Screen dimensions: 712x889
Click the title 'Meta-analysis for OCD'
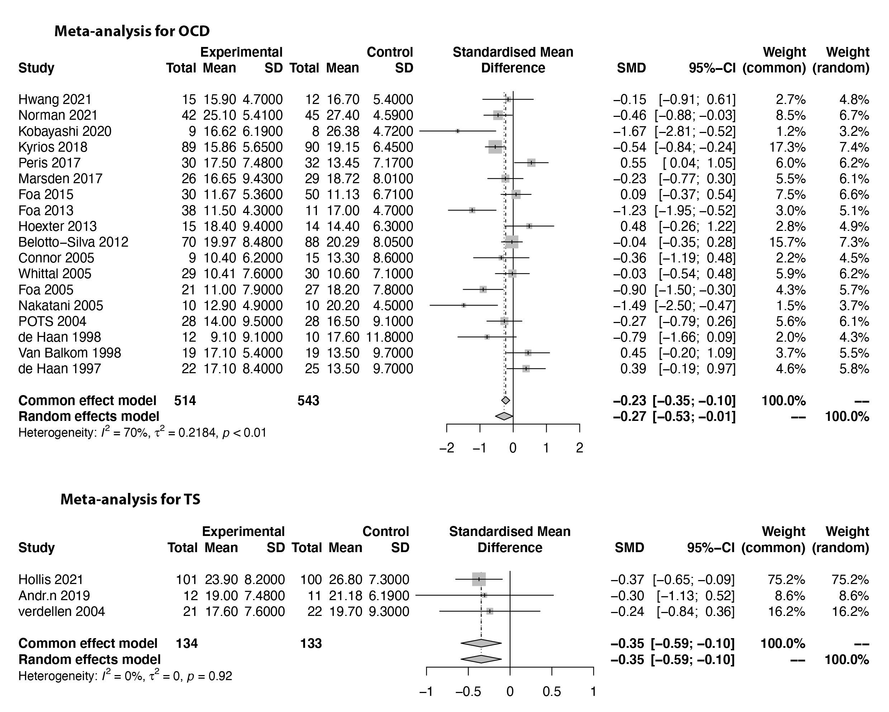tap(132, 31)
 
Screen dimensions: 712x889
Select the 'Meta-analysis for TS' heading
tap(130, 499)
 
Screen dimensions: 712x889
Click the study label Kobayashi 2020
tap(65, 131)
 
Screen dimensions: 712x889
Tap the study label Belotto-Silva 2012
tap(73, 242)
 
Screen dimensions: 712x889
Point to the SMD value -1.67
tap(629, 131)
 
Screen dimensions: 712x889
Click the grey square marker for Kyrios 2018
tap(495, 147)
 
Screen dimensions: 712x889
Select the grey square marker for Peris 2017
tap(531, 163)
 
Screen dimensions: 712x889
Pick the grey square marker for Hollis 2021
tap(479, 579)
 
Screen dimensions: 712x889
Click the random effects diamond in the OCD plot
tap(504, 416)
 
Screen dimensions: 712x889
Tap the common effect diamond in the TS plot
tap(481, 643)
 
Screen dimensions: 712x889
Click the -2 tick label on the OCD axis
tap(447, 448)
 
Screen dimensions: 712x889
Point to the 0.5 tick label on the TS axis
tap(552, 692)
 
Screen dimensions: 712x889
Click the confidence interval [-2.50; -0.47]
tap(695, 305)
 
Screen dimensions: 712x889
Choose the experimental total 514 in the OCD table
tap(185, 400)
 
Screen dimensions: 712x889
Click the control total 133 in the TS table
tap(311, 643)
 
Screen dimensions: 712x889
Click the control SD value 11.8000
tap(390, 337)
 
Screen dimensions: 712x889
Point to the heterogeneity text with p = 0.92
tap(125, 676)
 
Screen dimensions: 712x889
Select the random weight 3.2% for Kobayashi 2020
tap(854, 131)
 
